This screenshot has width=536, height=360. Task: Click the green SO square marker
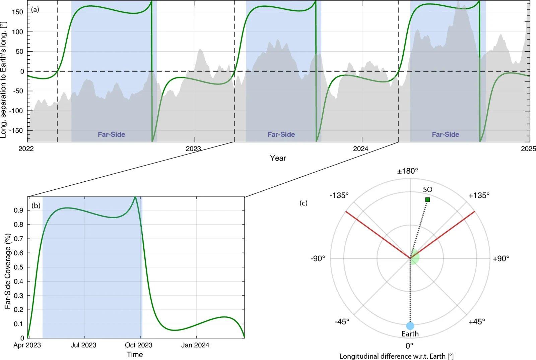coord(427,200)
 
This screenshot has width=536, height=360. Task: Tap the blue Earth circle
coord(410,326)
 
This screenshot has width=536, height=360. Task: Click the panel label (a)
coord(35,10)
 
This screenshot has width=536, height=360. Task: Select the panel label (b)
coord(36,205)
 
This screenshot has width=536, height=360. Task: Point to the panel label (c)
coord(304,203)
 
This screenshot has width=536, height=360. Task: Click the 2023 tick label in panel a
coord(193,148)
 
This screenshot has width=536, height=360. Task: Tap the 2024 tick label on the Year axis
coord(360,148)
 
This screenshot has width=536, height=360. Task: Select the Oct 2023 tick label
coord(139,345)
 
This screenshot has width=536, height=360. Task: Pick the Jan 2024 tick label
coord(195,345)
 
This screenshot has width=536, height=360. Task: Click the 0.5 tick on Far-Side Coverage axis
coord(19,267)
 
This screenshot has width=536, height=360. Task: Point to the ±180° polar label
coord(407,171)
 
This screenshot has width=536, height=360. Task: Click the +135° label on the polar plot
coord(479,195)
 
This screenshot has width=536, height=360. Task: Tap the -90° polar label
coord(318,258)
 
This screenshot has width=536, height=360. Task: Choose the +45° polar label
coord(477,322)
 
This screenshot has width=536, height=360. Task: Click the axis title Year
coord(278,158)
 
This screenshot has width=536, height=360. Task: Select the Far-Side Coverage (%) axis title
coord(8,271)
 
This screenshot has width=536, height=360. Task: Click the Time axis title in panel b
coord(135,355)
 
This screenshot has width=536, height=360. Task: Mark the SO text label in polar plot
coord(427,190)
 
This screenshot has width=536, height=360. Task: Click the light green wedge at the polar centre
coord(415,257)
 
